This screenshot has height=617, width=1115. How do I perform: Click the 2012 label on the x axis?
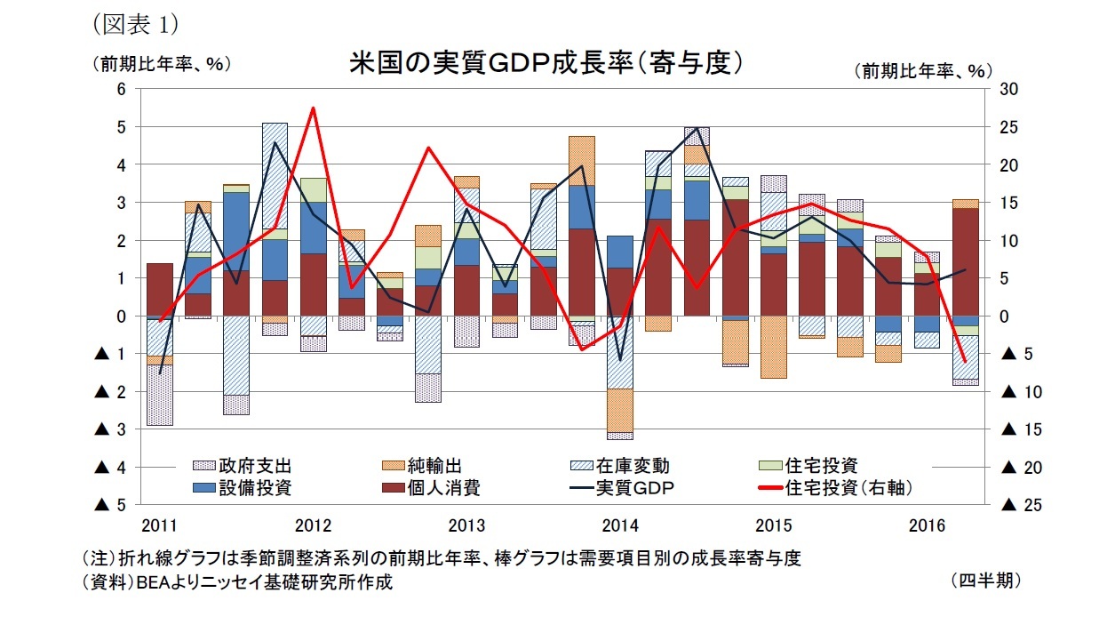(x=313, y=524)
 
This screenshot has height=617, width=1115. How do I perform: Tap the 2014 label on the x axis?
(x=620, y=524)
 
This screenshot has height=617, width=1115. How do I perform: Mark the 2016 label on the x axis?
(x=928, y=524)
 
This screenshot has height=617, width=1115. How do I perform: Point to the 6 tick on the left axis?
(x=122, y=89)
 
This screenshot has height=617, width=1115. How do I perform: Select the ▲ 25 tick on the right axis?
(x=1020, y=505)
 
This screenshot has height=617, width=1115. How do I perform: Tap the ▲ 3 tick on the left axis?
(x=111, y=429)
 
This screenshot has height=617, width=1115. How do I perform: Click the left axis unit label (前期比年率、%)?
(x=161, y=64)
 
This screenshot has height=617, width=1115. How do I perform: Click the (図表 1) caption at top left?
(x=130, y=21)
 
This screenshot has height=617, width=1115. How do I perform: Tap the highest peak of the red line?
(x=313, y=108)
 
